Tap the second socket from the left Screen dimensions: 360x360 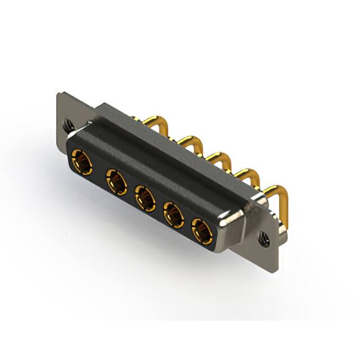click(x=116, y=181)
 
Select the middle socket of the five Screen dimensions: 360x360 click(x=144, y=197)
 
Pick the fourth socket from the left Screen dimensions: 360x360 click(x=173, y=214)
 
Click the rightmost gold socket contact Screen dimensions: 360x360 click(x=201, y=230)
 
